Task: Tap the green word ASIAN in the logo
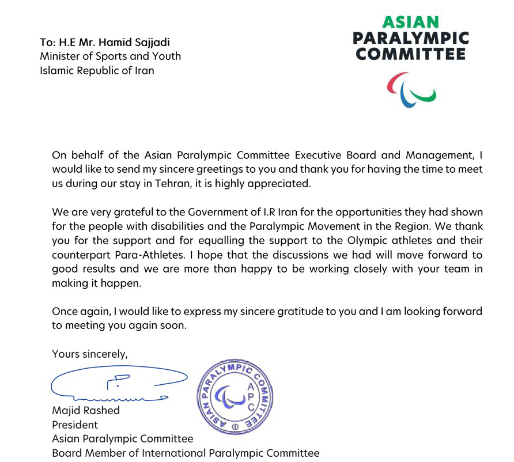pos(410,22)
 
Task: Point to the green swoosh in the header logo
pos(427,93)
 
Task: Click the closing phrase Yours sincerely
pos(90,354)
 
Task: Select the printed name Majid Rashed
pos(86,410)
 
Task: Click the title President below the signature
pos(75,425)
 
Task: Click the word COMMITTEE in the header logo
pos(410,55)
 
